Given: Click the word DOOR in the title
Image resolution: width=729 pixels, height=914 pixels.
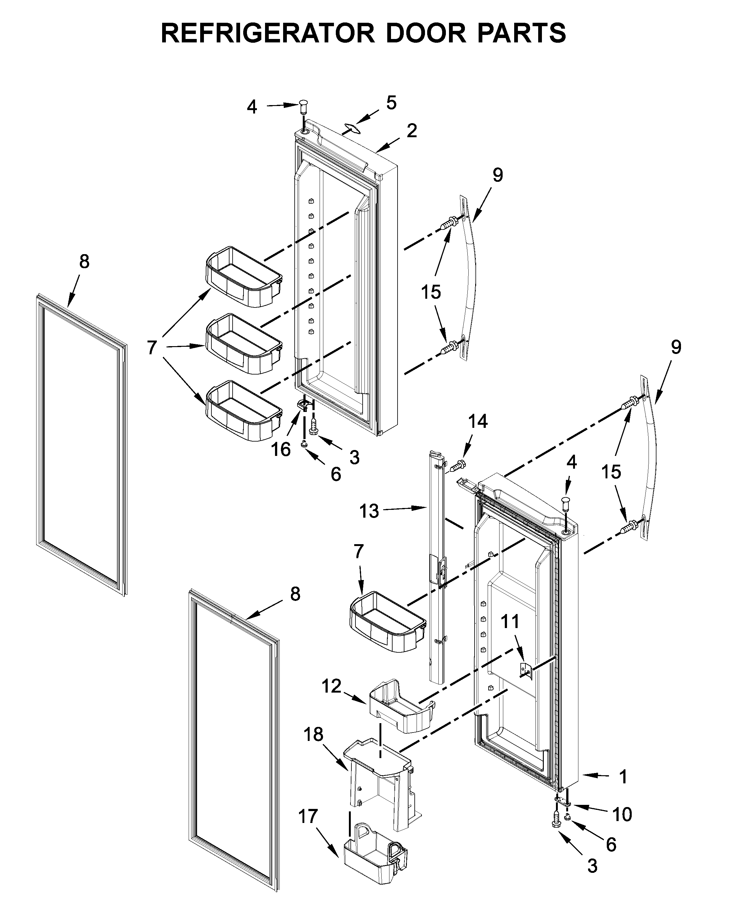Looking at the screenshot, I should [425, 33].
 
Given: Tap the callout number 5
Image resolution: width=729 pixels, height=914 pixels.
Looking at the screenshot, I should [391, 103].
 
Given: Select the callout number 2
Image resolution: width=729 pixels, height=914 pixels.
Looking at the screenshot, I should [412, 131].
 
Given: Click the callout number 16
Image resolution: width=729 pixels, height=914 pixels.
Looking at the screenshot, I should [281, 450].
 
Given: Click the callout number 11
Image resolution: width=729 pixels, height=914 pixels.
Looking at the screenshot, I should [510, 622].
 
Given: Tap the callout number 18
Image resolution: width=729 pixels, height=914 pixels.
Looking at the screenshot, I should [313, 734].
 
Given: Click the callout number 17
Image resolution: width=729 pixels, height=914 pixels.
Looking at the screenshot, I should [308, 816].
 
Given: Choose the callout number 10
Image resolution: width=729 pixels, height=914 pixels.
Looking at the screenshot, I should [622, 815].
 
